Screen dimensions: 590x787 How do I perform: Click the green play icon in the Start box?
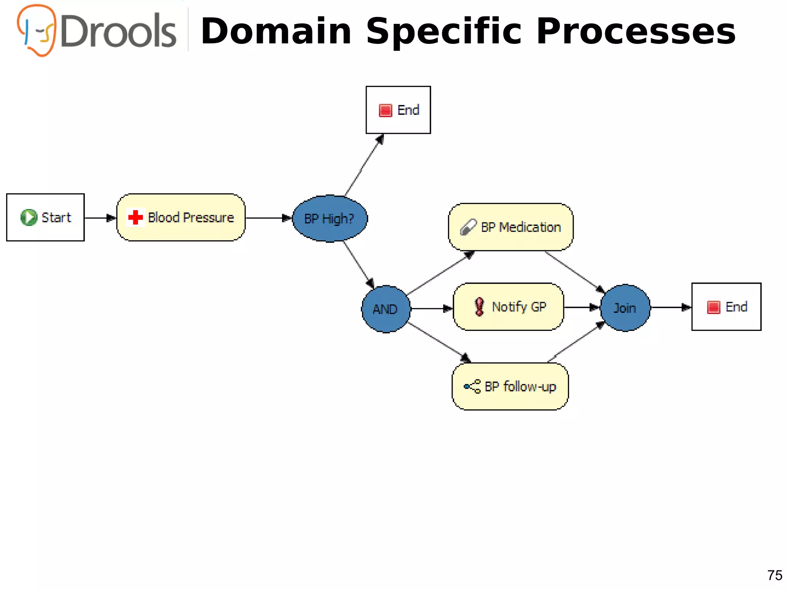(x=28, y=218)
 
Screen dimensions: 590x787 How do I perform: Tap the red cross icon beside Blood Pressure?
(x=135, y=218)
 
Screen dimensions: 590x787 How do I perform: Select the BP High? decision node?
(x=329, y=218)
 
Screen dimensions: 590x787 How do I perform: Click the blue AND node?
(x=385, y=309)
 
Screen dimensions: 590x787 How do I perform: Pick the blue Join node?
(x=625, y=308)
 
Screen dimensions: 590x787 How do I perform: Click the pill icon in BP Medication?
(x=468, y=227)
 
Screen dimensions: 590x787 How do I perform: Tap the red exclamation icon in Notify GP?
(x=479, y=307)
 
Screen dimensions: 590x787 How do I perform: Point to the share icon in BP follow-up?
(x=472, y=386)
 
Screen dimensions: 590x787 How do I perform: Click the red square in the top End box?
(x=385, y=110)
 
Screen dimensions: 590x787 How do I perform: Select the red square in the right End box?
(x=713, y=307)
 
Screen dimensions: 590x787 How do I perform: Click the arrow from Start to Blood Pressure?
(x=100, y=218)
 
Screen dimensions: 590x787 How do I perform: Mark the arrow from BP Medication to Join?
(x=574, y=271)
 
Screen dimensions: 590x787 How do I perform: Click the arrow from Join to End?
(x=671, y=307)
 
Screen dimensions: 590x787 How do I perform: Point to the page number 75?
(x=774, y=575)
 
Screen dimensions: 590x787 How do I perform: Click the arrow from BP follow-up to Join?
(x=576, y=342)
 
